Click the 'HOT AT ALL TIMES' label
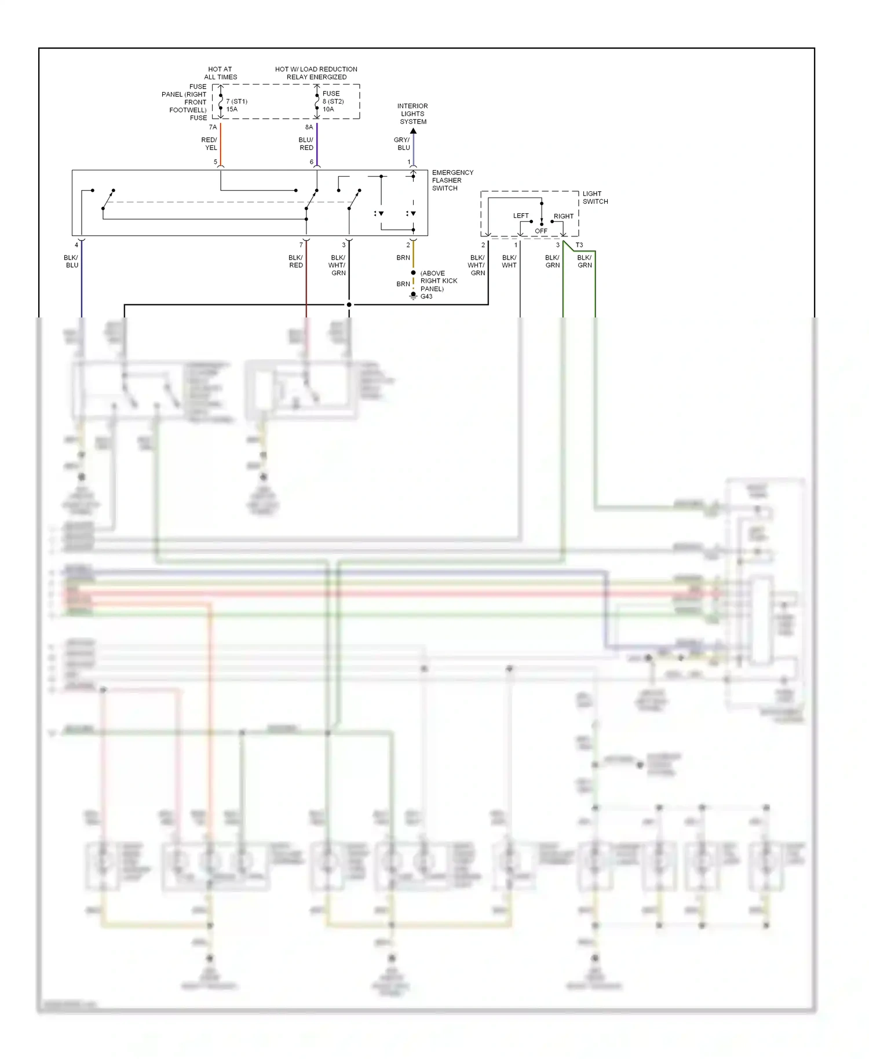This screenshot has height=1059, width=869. [220, 73]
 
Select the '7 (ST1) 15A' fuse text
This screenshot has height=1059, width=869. [236, 105]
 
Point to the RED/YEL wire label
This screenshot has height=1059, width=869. [209, 144]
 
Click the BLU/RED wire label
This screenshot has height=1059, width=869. [306, 144]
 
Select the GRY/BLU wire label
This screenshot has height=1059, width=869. [401, 144]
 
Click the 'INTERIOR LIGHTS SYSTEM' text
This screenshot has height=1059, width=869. [412, 114]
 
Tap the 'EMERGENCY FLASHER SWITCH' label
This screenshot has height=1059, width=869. [452, 180]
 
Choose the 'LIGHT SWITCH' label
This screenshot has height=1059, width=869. [595, 198]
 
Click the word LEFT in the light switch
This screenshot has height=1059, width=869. [521, 216]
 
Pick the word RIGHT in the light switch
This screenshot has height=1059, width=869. [563, 216]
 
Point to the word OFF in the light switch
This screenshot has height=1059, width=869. [541, 231]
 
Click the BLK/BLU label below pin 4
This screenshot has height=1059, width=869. [71, 261]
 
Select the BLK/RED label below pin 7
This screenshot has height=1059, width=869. [295, 261]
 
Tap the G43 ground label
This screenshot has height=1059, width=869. [426, 297]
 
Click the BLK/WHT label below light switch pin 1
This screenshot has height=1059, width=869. [509, 261]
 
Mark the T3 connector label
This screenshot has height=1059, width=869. [579, 245]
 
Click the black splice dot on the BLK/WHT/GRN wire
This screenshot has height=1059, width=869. [349, 305]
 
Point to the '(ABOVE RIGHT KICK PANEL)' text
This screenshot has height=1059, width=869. [439, 281]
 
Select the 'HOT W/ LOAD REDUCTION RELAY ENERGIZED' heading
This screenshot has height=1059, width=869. [316, 73]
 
